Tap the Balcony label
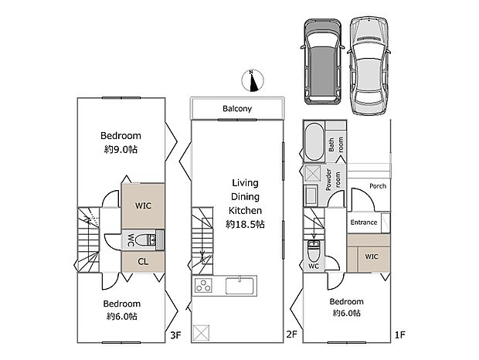tap(237, 109)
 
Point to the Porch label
tap(378, 186)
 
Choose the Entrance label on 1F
tap(364, 222)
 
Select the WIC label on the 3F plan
tap(143, 206)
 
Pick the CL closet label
tap(143, 261)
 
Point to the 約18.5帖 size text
tap(245, 224)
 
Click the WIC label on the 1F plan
tap(372, 256)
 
